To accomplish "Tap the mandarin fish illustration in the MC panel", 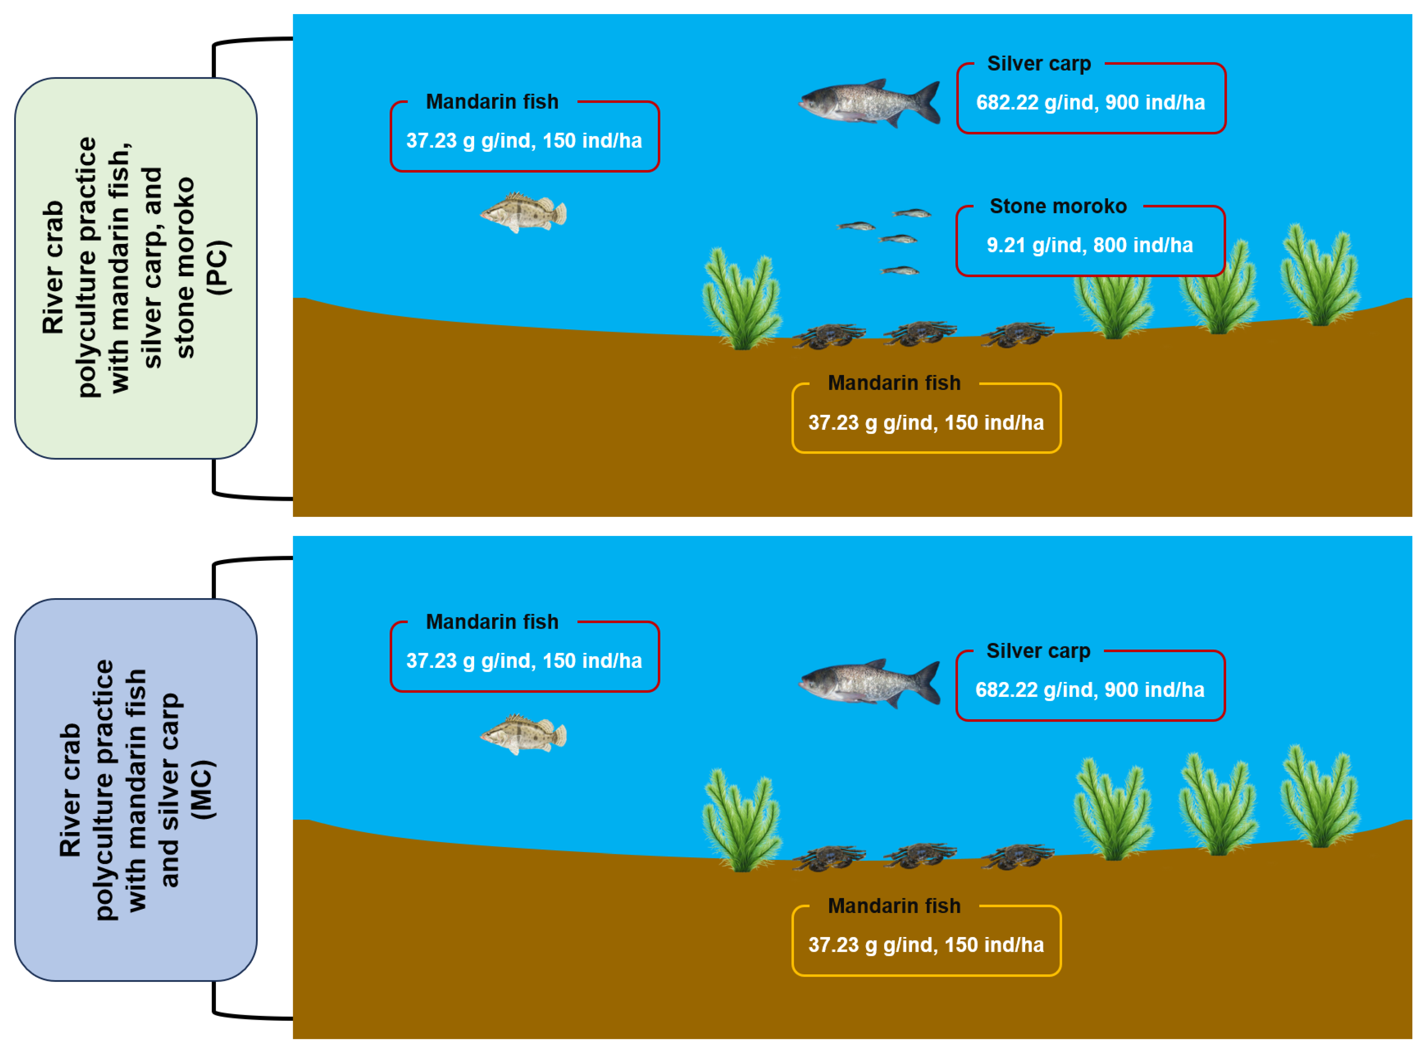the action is coord(523,735).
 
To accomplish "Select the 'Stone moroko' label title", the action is coord(1058,206).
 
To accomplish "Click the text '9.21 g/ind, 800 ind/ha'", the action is coord(1089,246).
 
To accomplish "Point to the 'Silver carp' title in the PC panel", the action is coord(1039,64).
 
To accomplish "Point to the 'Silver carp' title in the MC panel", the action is coord(1038,651).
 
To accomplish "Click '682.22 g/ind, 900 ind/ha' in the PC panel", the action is coord(1090,103).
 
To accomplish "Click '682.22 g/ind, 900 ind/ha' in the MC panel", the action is coord(1089,690).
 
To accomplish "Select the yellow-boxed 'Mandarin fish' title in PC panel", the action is coord(894,383).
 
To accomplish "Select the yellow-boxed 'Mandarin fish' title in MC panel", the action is coord(894,906).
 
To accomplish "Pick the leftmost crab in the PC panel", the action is coord(829,335).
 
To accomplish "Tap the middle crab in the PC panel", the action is coord(920,333).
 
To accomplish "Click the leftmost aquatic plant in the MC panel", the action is coord(742,821).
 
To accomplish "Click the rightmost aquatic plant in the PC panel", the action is coord(1319,277).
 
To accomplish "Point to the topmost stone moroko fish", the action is coord(911,213).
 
